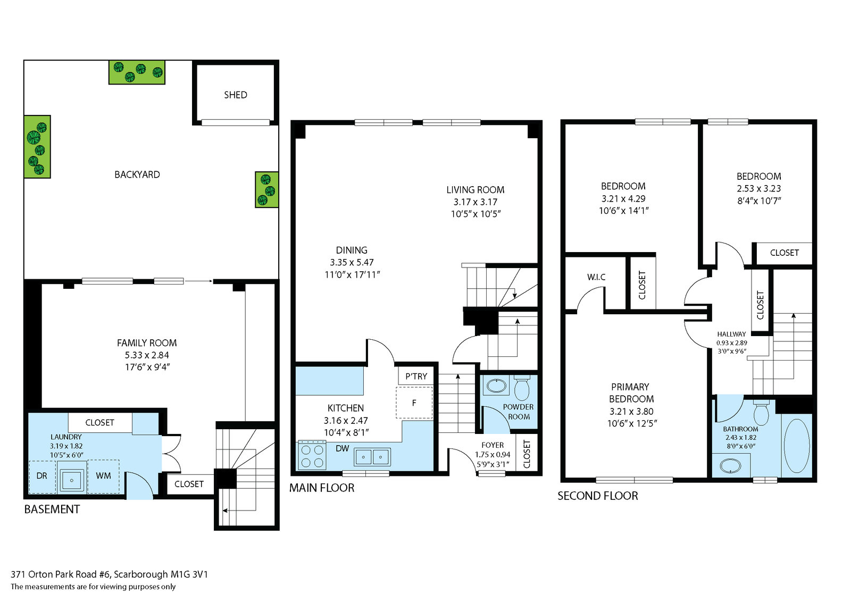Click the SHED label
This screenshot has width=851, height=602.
pyautogui.click(x=236, y=95)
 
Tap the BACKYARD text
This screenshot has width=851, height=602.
pyautogui.click(x=137, y=175)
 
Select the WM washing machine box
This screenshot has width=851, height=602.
pyautogui.click(x=103, y=476)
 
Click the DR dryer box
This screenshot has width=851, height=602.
pyautogui.click(x=42, y=476)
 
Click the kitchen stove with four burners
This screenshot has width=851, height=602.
pyautogui.click(x=312, y=455)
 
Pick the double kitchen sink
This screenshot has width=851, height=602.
pyautogui.click(x=372, y=457)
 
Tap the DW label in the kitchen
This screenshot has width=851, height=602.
pyautogui.click(x=343, y=448)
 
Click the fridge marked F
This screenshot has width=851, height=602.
pyautogui.click(x=414, y=403)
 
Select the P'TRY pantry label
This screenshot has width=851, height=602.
pyautogui.click(x=416, y=377)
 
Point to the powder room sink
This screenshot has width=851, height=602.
pyautogui.click(x=496, y=387)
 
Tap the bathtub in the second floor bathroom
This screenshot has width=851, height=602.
pyautogui.click(x=797, y=446)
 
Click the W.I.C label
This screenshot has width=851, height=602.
pyautogui.click(x=596, y=277)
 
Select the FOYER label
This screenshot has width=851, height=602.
pyautogui.click(x=493, y=445)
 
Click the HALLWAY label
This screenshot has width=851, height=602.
pyautogui.click(x=731, y=334)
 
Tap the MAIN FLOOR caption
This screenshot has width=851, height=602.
pyautogui.click(x=322, y=488)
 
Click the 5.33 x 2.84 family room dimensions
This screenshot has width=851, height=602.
pyautogui.click(x=147, y=355)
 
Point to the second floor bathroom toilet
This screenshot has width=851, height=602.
pyautogui.click(x=761, y=413)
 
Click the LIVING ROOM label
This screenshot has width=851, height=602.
pyautogui.click(x=475, y=190)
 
